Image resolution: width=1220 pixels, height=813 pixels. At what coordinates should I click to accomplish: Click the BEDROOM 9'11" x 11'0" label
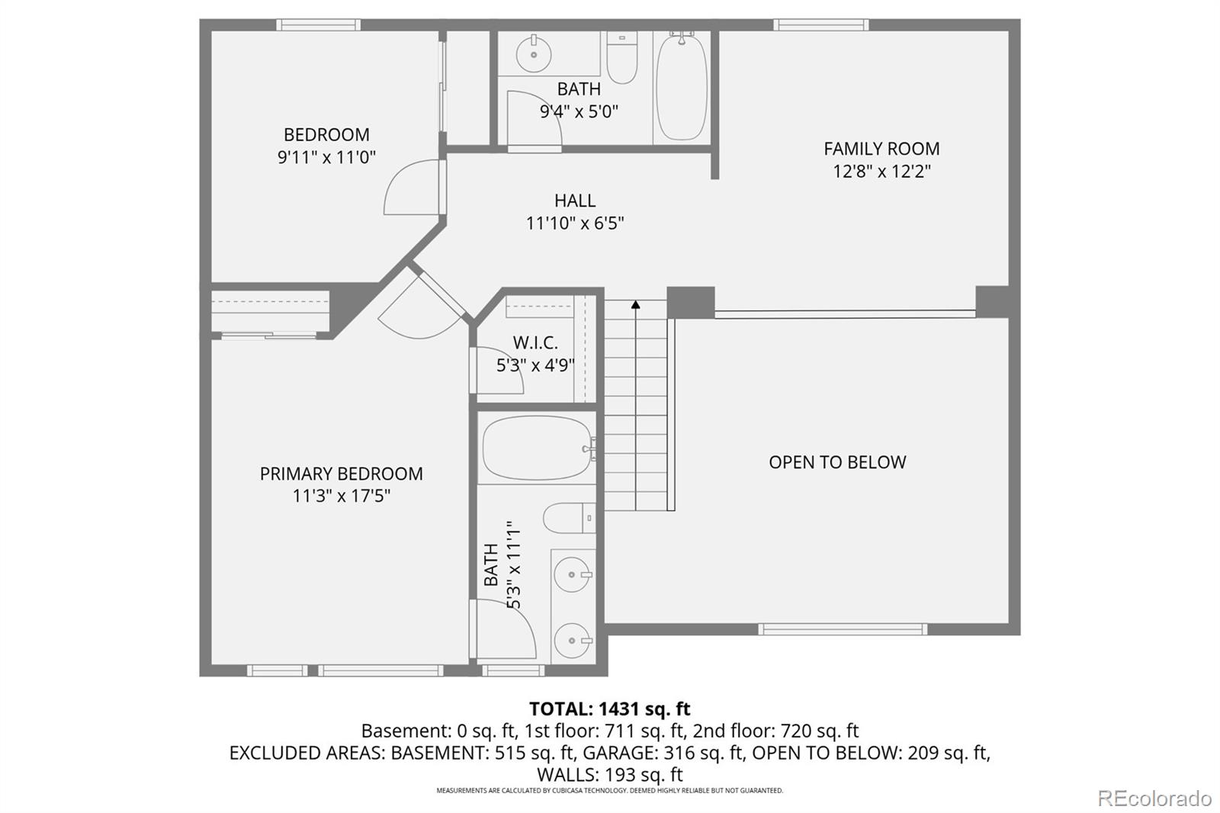[x=326, y=146]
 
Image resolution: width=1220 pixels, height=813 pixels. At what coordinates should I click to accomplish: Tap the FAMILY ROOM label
[x=881, y=149]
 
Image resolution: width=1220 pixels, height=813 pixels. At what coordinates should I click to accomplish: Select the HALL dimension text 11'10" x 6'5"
[x=575, y=223]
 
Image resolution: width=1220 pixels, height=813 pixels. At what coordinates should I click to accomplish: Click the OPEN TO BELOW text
[x=837, y=462]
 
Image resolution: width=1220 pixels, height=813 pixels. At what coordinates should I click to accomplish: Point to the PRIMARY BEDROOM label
[x=341, y=474]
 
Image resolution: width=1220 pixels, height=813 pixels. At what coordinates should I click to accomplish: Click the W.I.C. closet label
[x=535, y=343]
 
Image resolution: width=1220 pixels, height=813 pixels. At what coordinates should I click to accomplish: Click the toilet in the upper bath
[x=622, y=59]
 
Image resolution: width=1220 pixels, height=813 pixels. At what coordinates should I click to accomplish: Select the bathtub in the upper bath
[x=681, y=86]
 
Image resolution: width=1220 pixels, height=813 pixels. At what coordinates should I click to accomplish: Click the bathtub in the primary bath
[x=538, y=448]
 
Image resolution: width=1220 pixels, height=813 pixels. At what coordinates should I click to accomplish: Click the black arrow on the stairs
[x=635, y=305]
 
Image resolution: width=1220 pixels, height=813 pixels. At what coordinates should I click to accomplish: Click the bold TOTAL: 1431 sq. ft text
[x=609, y=709]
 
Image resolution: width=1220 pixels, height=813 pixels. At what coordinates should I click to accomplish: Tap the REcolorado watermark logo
[x=1154, y=799]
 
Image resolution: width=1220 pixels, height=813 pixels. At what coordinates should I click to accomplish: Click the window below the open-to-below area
[x=843, y=629]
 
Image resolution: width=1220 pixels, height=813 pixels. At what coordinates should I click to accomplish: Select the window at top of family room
[x=820, y=25]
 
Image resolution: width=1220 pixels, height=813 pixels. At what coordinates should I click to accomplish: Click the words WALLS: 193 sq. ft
[x=609, y=775]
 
